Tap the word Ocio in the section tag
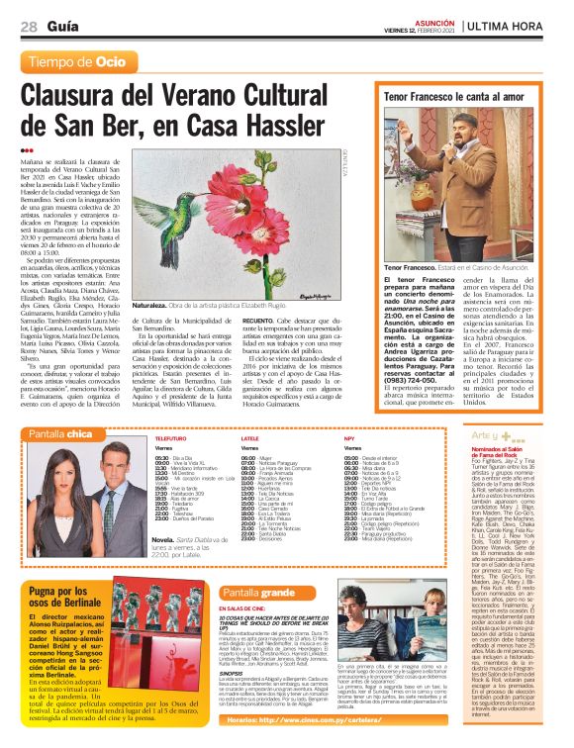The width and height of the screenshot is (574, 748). click(111, 62)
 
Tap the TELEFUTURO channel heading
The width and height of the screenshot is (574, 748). click(170, 436)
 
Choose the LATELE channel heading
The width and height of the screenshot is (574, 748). click(249, 436)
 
